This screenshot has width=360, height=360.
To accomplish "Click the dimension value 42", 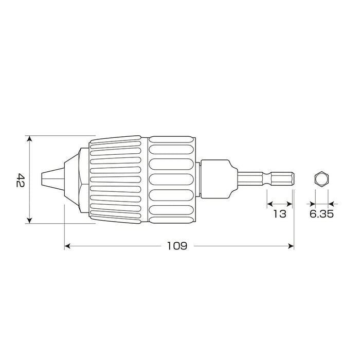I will click(x=20, y=180).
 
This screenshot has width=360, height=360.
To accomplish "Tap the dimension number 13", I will click(x=279, y=214).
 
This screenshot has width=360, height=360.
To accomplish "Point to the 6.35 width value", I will click(x=321, y=214).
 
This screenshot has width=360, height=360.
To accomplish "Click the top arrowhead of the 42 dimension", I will click(x=30, y=139).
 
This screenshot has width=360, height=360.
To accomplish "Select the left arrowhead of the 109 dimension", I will click(x=67, y=246).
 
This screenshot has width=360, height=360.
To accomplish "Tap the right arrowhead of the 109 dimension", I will click(x=291, y=246).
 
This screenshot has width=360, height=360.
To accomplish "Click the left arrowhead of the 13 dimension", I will click(x=269, y=204).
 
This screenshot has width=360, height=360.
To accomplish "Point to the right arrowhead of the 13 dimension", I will click(x=291, y=204).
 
